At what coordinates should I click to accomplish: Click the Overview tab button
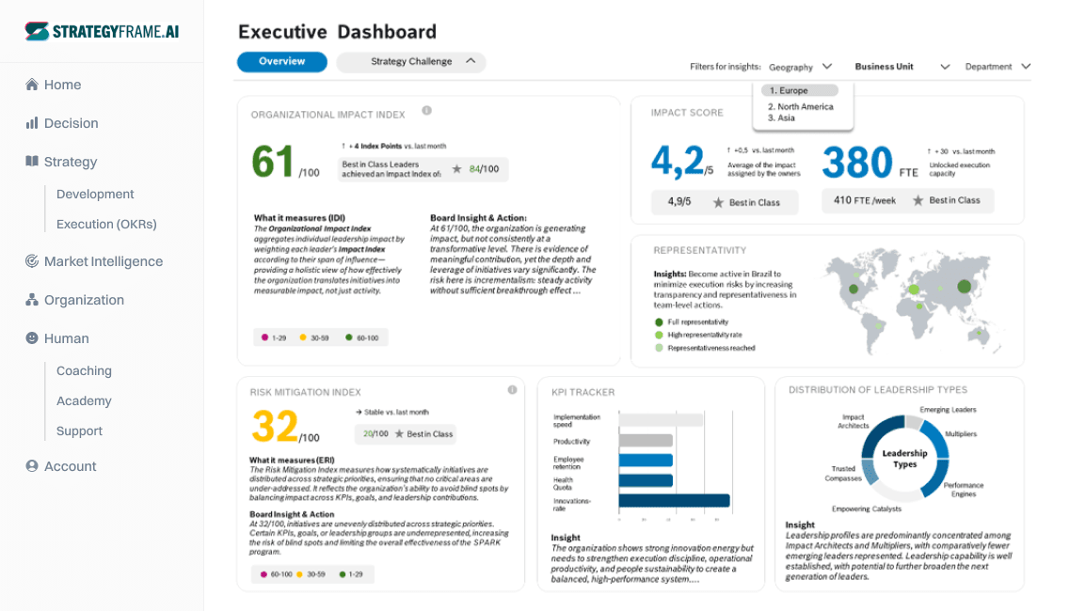tap(282, 62)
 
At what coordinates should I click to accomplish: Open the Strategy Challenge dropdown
tap(411, 62)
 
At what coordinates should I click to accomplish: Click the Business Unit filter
tap(902, 67)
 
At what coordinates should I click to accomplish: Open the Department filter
tap(998, 67)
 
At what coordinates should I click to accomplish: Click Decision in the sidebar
tap(71, 123)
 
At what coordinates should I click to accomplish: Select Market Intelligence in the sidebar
tap(103, 261)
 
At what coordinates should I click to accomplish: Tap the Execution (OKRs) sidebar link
tap(106, 225)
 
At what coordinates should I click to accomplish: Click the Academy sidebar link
tap(84, 401)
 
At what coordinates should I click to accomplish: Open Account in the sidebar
tap(70, 466)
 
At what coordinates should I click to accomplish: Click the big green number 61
tap(274, 163)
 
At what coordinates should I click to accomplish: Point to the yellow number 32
tap(275, 427)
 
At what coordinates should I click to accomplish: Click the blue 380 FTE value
tap(856, 163)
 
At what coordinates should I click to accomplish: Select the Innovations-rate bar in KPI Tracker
tap(674, 501)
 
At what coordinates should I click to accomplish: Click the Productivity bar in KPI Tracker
tap(646, 440)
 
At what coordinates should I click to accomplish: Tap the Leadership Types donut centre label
tap(904, 459)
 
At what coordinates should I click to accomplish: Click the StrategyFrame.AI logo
tap(102, 31)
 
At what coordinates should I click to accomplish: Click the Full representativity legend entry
tap(698, 322)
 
